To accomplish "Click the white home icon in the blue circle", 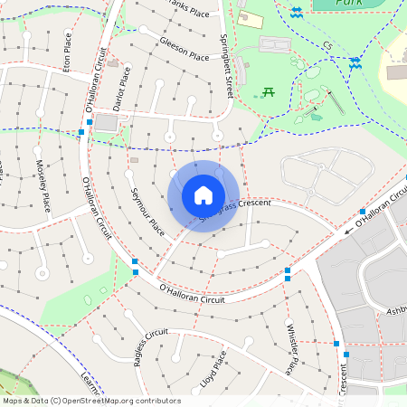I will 203,194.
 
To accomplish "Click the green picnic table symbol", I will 268,91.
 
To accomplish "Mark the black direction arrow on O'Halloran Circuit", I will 349,231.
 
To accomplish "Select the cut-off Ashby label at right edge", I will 396,310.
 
